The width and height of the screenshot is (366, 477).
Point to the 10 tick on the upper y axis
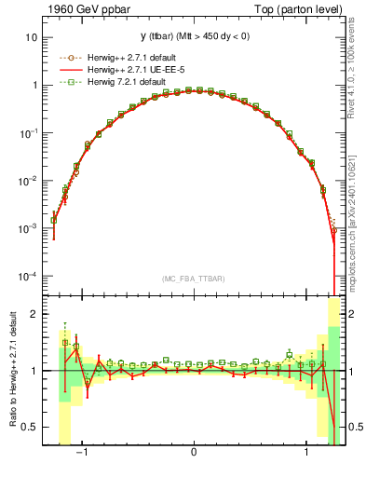(31, 37)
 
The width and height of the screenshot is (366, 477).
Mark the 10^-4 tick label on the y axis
(28, 277)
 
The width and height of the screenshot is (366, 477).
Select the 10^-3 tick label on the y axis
(28, 229)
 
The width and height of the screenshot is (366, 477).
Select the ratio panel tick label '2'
(34, 314)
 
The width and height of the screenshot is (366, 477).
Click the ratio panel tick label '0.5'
(30, 427)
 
